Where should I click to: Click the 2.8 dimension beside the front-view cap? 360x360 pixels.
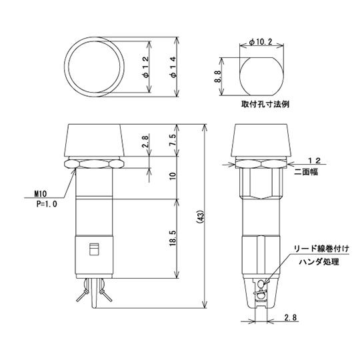(146, 141)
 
